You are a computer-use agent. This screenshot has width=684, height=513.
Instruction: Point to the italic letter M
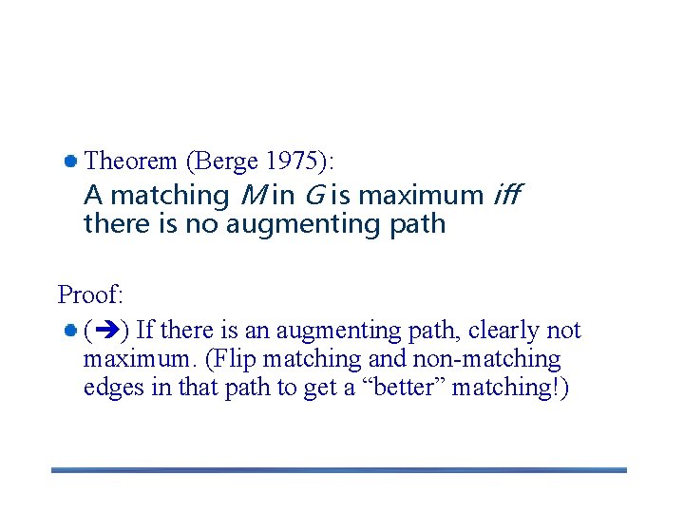pos(252,196)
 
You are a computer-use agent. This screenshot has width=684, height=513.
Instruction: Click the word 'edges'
pos(109,388)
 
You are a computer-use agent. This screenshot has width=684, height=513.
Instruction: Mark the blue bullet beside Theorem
pos(70,160)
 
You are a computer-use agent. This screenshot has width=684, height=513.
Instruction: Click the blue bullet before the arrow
pos(70,331)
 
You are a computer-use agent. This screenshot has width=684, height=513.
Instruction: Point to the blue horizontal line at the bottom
pos(339,469)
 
